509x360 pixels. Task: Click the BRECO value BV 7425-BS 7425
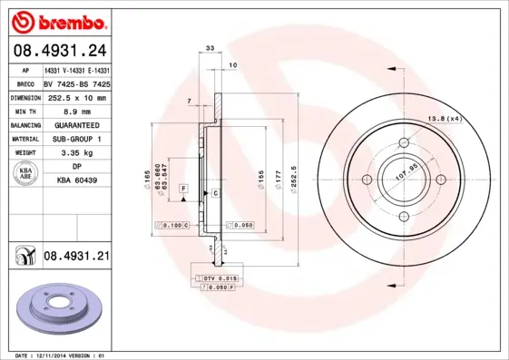[x=77, y=83]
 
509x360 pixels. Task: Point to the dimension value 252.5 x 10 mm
[x=77, y=97]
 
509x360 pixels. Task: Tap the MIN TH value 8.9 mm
[x=77, y=111]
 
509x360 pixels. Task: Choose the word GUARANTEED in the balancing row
[x=77, y=125]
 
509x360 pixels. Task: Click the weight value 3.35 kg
[x=77, y=153]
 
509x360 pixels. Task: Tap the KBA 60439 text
[x=77, y=181]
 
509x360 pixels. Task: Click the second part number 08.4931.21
[x=76, y=257]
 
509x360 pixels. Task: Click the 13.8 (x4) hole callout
[x=447, y=119]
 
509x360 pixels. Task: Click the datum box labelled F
[x=183, y=188]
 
